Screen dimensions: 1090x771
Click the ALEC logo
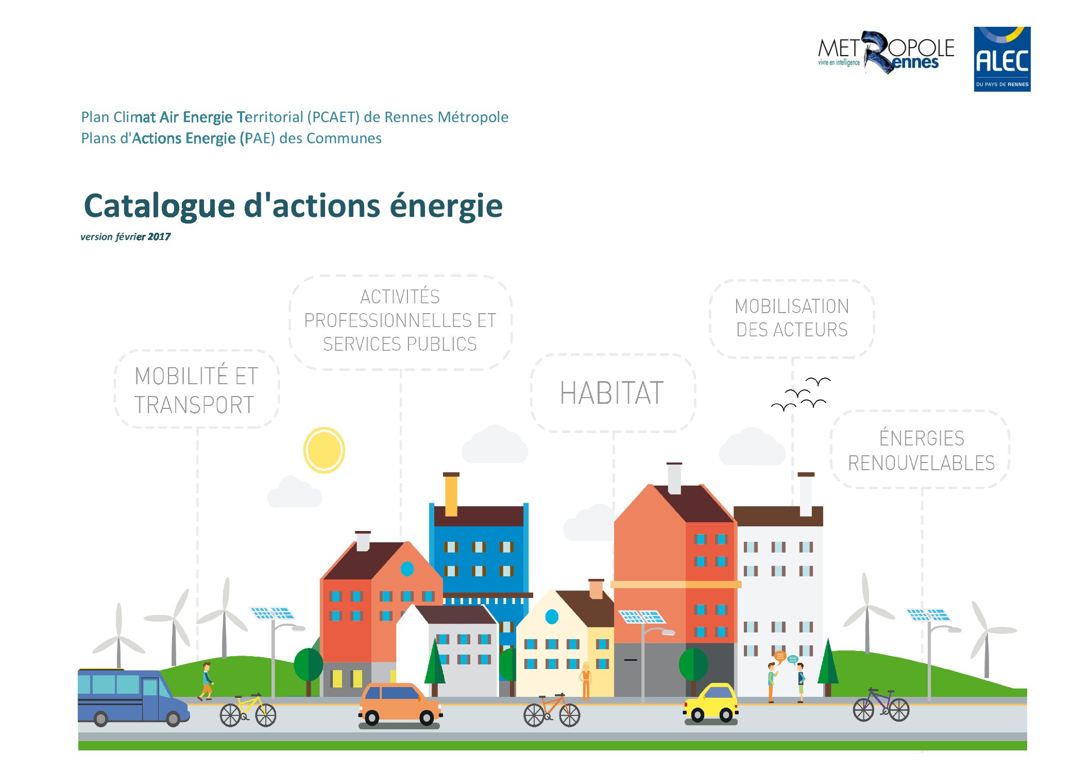pyautogui.click(x=1002, y=59)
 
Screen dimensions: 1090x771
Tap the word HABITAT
pyautogui.click(x=611, y=393)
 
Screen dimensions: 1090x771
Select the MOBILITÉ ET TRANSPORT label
pyautogui.click(x=196, y=390)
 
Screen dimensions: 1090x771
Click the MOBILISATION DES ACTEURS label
pyautogui.click(x=792, y=318)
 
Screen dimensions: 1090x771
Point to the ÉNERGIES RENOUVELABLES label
pyautogui.click(x=922, y=450)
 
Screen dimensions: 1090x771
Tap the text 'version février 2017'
pyautogui.click(x=125, y=237)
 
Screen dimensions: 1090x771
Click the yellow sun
pyautogui.click(x=324, y=450)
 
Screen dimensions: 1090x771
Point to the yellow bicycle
pyautogui.click(x=248, y=711)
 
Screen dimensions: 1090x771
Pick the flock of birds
pyautogui.click(x=801, y=394)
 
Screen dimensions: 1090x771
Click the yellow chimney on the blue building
pyautogui.click(x=451, y=494)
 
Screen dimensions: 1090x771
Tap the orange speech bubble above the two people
pyautogui.click(x=780, y=657)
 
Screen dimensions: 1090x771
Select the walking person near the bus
pyautogui.click(x=206, y=681)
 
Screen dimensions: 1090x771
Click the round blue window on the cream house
pyautogui.click(x=552, y=616)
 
